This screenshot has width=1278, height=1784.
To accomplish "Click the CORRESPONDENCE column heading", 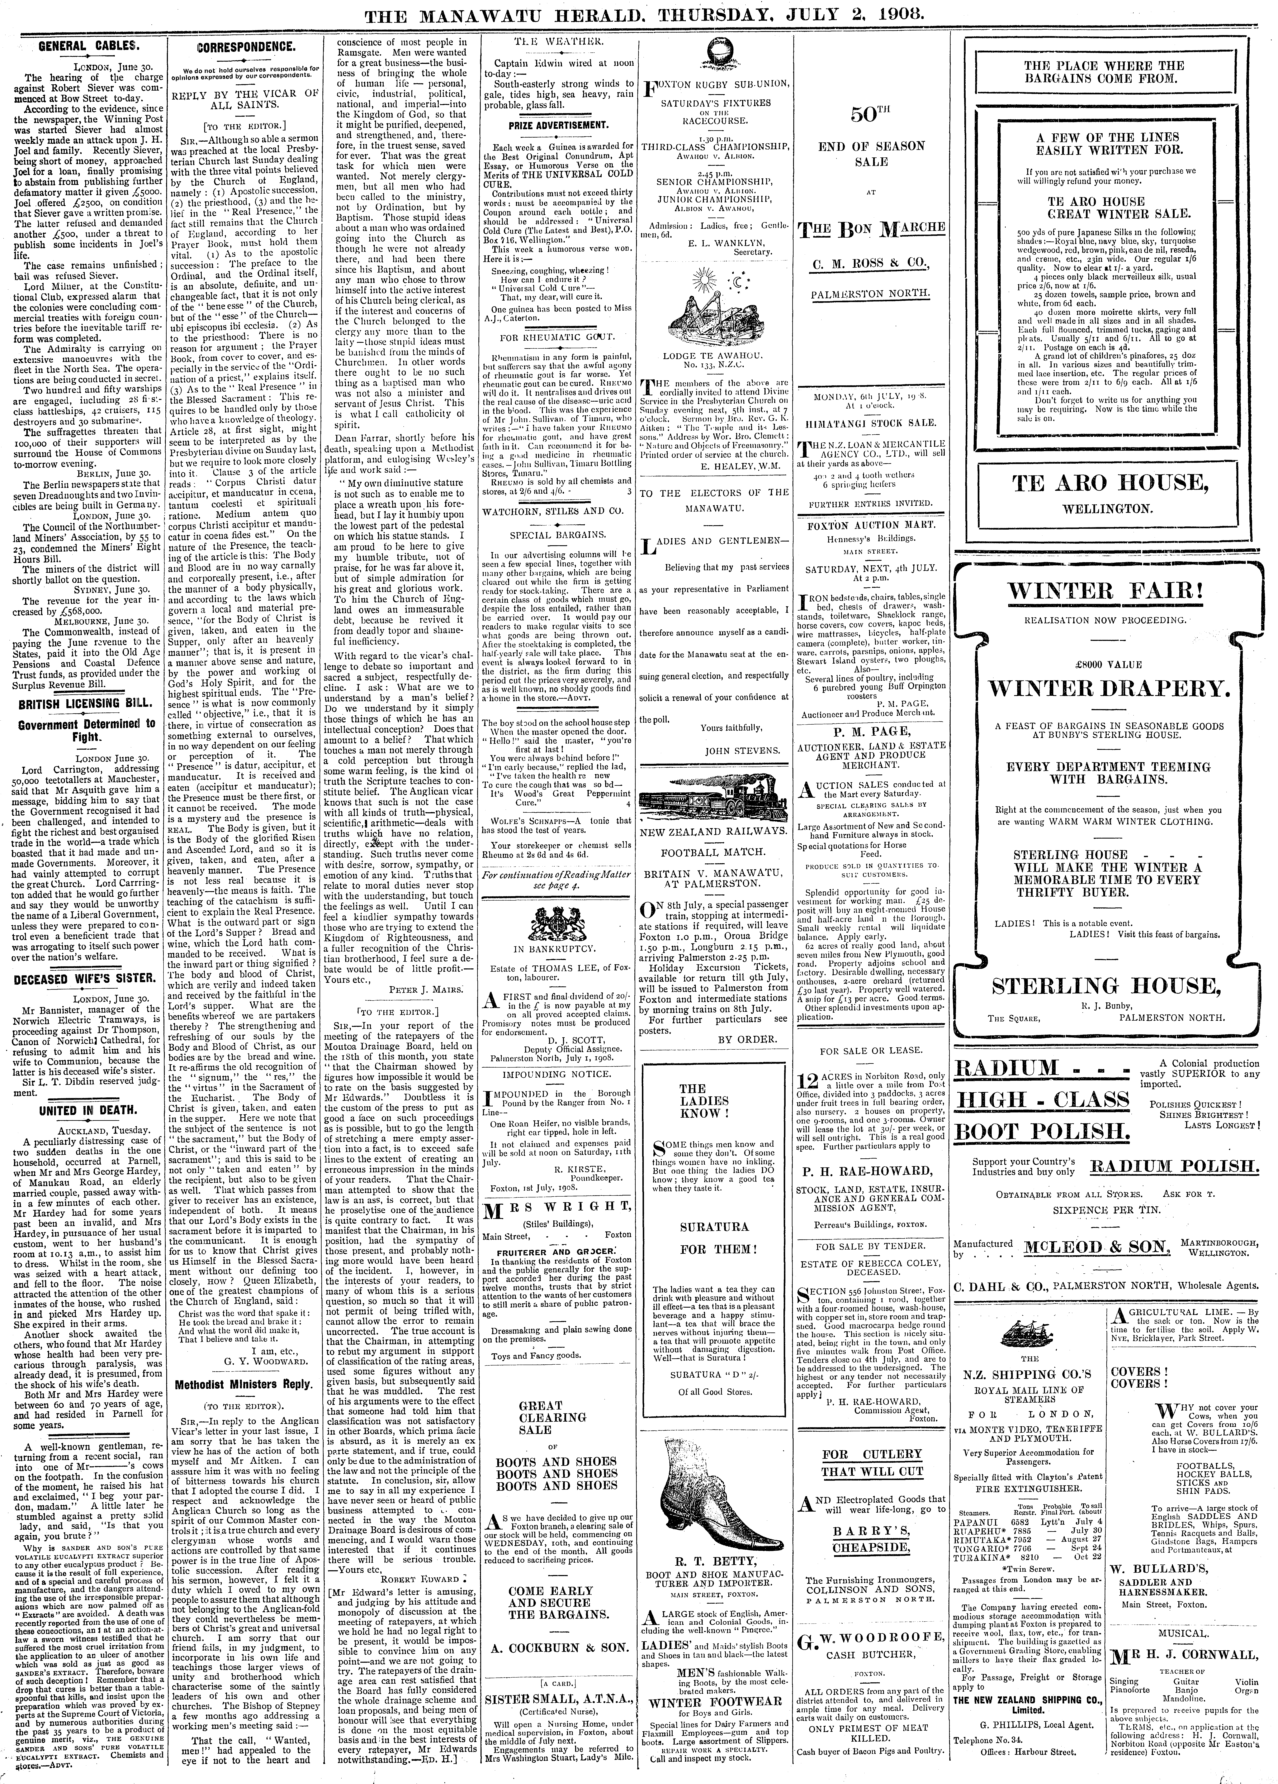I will pyautogui.click(x=246, y=46).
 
